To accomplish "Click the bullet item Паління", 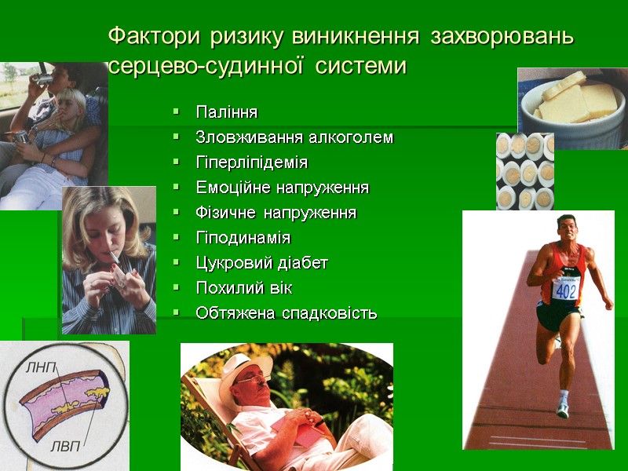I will pos(226,112).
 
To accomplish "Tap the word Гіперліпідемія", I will pos(251,162).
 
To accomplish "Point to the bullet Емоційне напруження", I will pos(282,188).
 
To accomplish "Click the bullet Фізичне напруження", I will pos(276,213).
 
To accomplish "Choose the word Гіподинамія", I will pos(243,238).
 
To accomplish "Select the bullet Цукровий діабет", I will pos(261,263).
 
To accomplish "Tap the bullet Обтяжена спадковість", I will pos(286,313).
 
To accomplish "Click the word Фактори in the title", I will pos(155,37).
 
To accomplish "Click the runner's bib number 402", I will pos(565,290).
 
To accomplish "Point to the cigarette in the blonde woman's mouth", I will pos(115,257).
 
